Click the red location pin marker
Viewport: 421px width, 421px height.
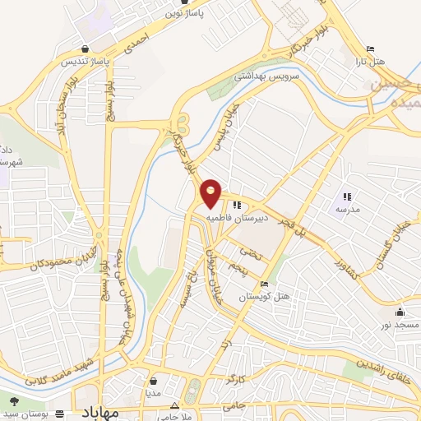coord(211,194)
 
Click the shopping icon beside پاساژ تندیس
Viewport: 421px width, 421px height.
coord(87,48)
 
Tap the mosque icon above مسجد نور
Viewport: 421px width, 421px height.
coord(400,312)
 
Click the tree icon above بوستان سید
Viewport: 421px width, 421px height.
coord(14,400)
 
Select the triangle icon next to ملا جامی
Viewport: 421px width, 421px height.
coord(174,406)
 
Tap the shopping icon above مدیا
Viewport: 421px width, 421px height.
coord(153,380)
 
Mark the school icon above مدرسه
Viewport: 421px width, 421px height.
coord(346,196)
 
